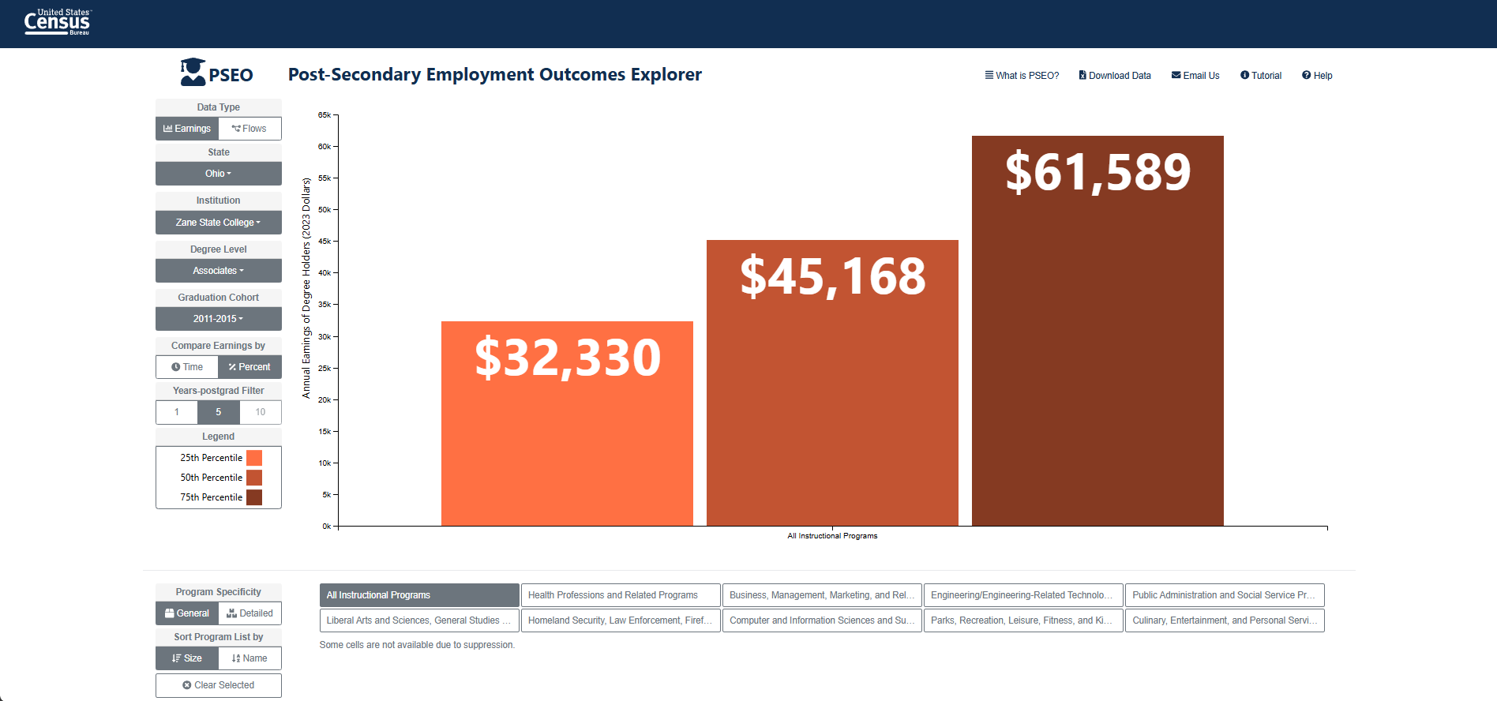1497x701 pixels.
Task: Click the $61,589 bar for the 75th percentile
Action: pyautogui.click(x=1097, y=331)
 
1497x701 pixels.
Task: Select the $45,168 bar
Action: pyautogui.click(x=832, y=383)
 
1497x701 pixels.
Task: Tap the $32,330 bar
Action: pyautogui.click(x=567, y=423)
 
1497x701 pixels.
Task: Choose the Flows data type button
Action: pyautogui.click(x=249, y=129)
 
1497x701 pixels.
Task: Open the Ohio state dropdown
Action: pyautogui.click(x=219, y=174)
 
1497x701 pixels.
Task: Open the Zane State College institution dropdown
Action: pyautogui.click(x=219, y=223)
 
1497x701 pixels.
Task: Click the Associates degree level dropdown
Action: pyautogui.click(x=219, y=271)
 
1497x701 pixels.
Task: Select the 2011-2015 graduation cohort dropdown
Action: pyautogui.click(x=219, y=319)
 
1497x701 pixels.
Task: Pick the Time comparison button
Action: pyautogui.click(x=187, y=367)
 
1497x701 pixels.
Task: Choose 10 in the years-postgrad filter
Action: pyautogui.click(x=261, y=412)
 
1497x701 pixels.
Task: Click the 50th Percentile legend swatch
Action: pyautogui.click(x=254, y=478)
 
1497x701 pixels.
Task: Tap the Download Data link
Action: pyautogui.click(x=1115, y=76)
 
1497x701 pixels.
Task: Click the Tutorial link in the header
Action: pyautogui.click(x=1261, y=76)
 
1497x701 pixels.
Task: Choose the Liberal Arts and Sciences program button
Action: pyautogui.click(x=419, y=620)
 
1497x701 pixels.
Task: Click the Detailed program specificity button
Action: pyautogui.click(x=249, y=613)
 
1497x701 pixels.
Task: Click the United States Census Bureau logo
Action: pyautogui.click(x=58, y=22)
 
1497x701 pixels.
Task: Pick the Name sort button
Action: pyautogui.click(x=249, y=658)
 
